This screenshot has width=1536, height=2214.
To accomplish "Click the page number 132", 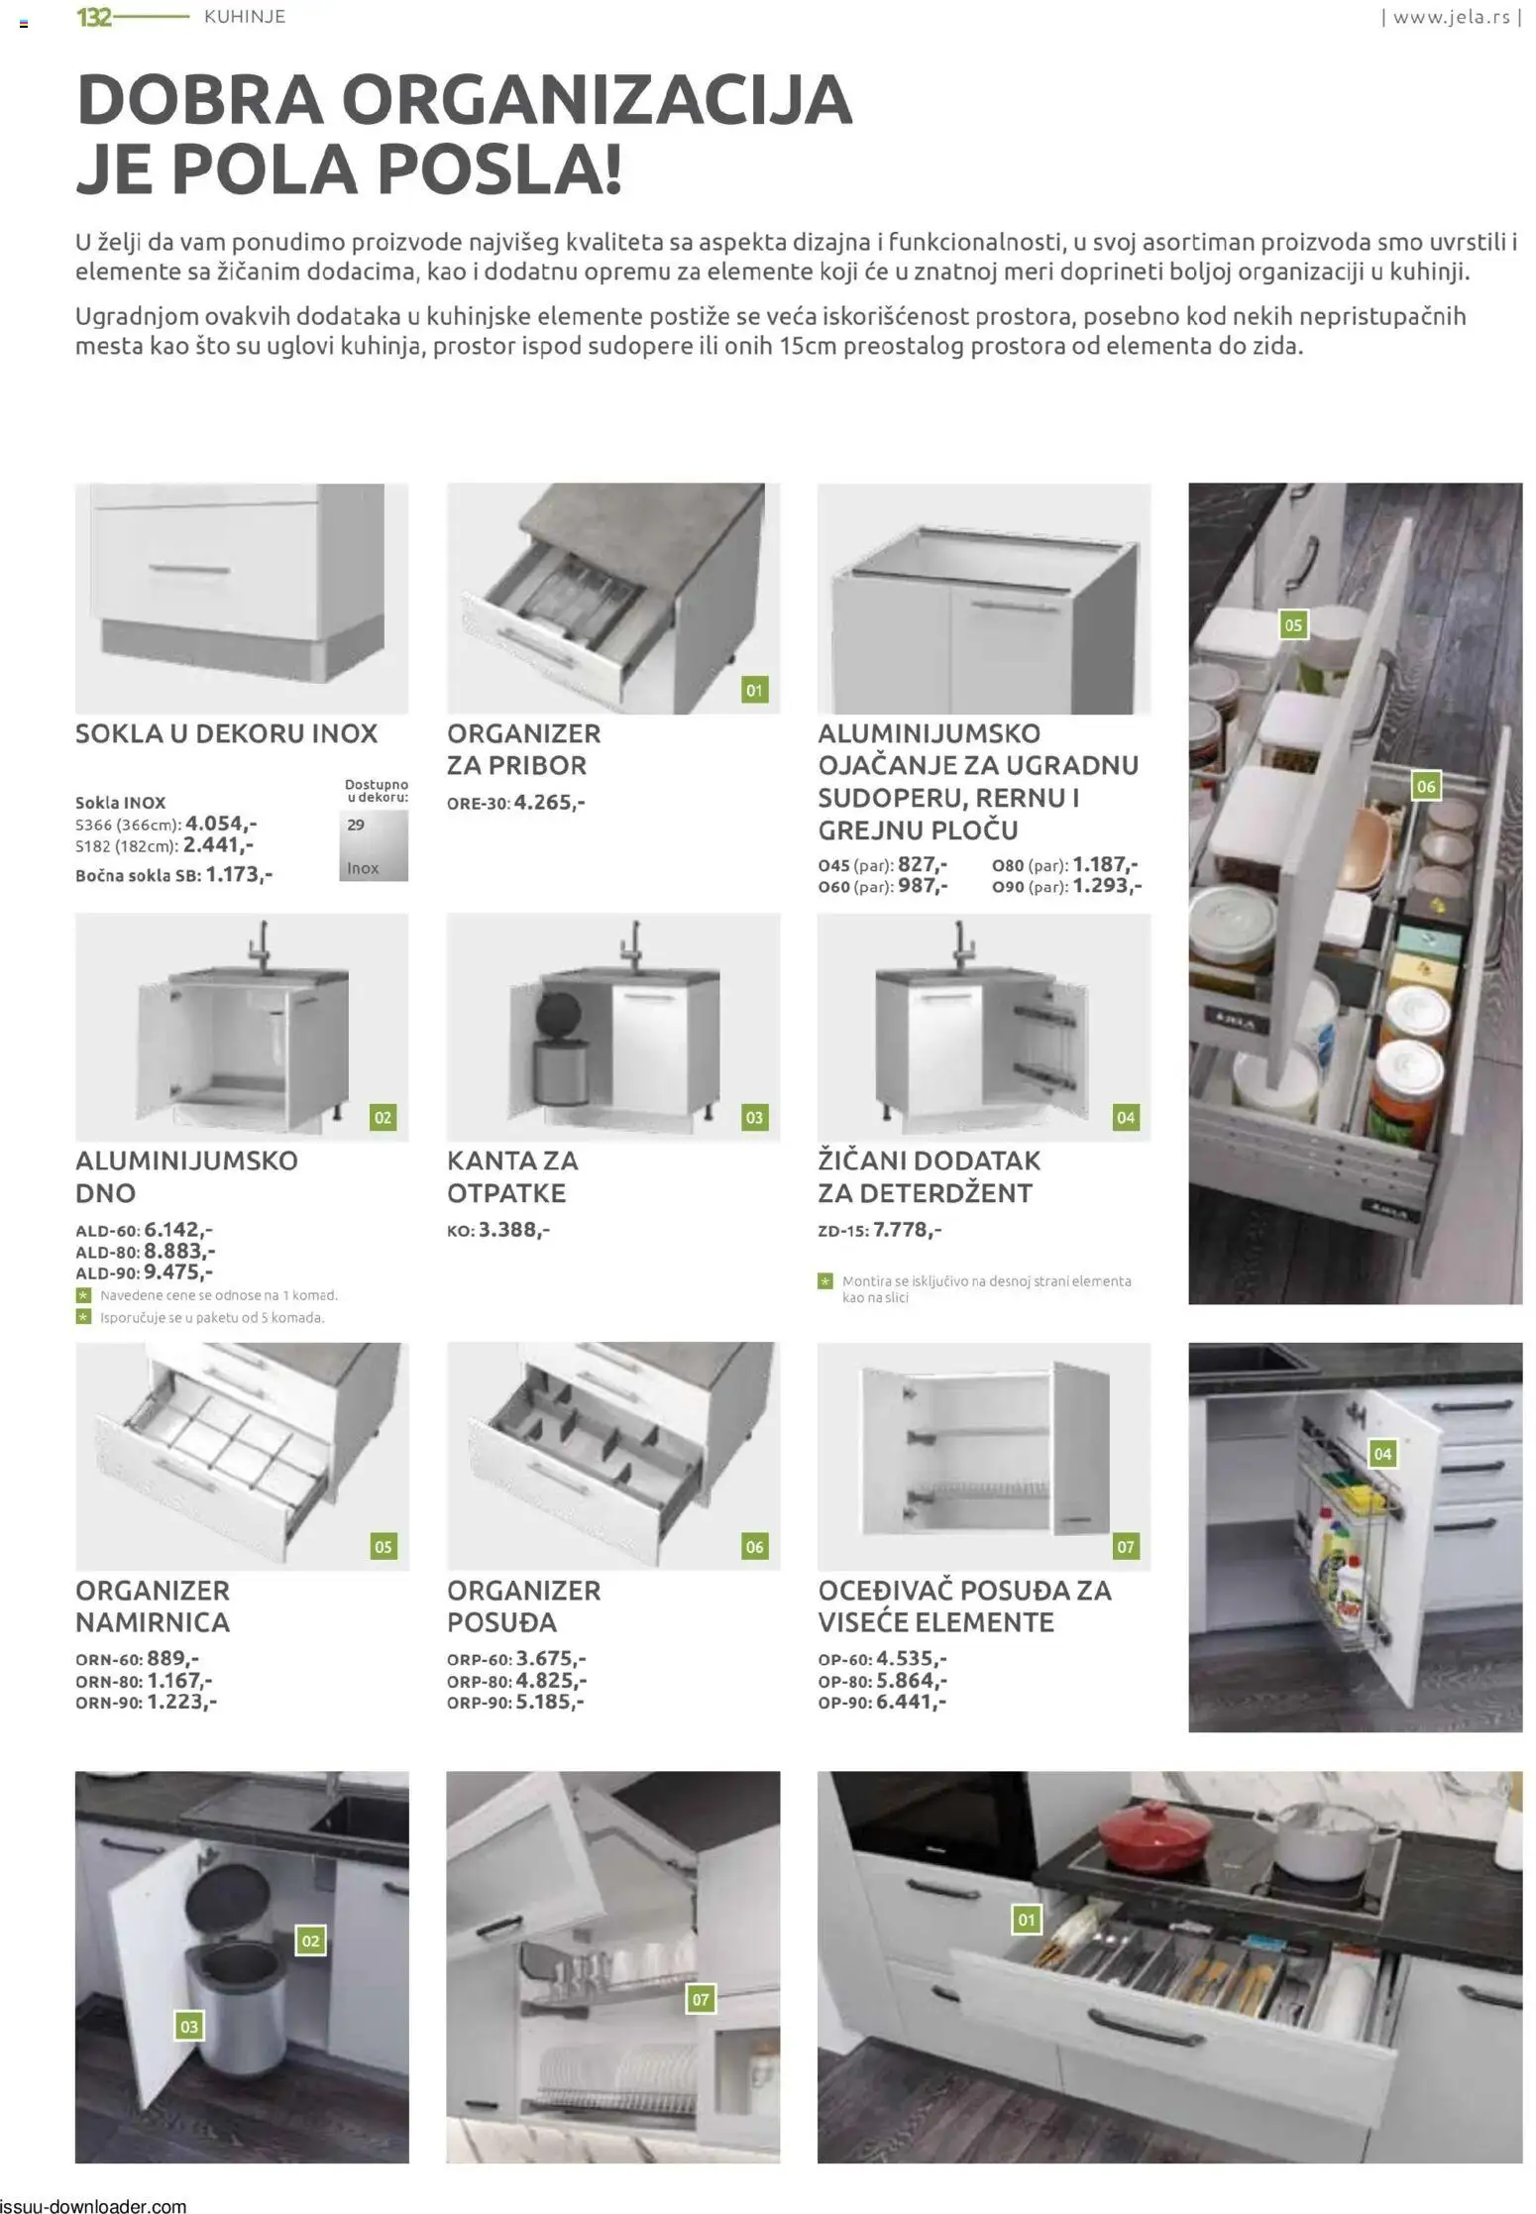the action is coord(94,17).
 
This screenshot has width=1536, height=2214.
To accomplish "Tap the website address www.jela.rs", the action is coord(1452,17).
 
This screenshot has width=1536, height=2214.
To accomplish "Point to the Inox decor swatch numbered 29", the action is coord(374,845).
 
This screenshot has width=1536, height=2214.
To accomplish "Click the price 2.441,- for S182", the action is coord(219,845).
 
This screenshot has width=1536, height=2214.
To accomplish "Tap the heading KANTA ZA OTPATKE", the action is coord(512,1176).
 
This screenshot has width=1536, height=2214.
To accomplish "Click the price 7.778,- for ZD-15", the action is coord(907,1230).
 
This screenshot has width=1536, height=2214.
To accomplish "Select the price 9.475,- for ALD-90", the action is coord(178,1273).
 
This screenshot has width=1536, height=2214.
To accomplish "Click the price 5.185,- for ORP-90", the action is coord(550,1703).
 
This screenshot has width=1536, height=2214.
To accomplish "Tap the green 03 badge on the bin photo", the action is coord(189,2027).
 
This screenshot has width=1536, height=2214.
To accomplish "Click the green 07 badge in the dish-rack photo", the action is coord(701,1999).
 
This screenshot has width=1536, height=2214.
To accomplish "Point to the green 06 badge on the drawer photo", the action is coord(1425,786).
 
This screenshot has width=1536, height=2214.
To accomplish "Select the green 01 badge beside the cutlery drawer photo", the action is coord(1027,1920).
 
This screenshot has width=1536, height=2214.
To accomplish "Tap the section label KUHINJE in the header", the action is coord(245,17).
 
